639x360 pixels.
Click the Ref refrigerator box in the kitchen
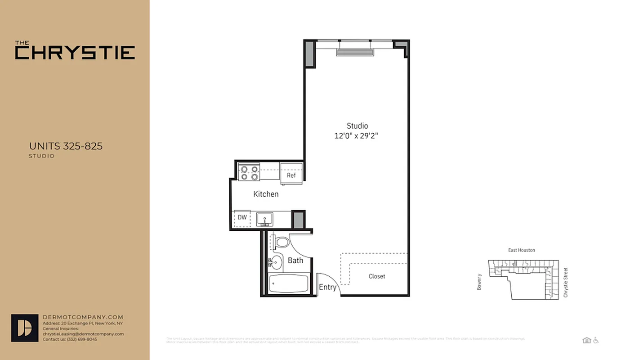(291, 173)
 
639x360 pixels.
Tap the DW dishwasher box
(242, 218)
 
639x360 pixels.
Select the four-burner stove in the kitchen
(250, 173)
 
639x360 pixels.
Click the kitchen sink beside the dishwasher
(265, 219)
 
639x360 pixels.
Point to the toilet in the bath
(282, 243)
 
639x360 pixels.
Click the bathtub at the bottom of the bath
(288, 283)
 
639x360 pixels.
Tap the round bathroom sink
(276, 262)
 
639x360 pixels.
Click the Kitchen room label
(266, 194)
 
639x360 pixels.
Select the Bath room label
(295, 260)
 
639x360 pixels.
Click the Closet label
(377, 276)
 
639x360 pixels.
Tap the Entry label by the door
(327, 287)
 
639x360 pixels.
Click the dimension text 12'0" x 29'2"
(356, 135)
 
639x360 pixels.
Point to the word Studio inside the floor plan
(357, 126)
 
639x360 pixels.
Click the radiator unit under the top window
(355, 53)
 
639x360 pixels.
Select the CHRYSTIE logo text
(75, 52)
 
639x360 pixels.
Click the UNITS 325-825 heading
(66, 146)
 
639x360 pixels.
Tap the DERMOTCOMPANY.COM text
(82, 317)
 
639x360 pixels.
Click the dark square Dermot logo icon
(24, 328)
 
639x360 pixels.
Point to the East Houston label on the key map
(522, 250)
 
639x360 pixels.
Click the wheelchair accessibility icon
(596, 340)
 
